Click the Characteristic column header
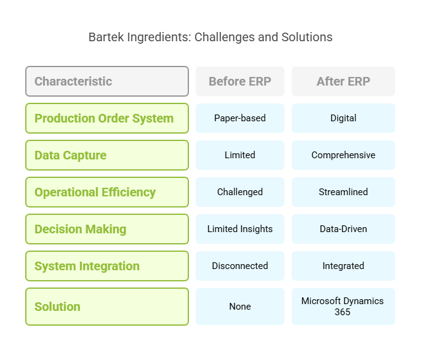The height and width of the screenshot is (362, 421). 107,81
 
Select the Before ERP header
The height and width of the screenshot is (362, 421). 240,81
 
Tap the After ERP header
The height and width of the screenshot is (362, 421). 343,81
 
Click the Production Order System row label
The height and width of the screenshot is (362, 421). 107,118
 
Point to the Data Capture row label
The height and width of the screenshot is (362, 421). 107,155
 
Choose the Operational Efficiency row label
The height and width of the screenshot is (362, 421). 107,192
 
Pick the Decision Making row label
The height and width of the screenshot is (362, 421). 107,229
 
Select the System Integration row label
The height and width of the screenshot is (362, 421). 107,266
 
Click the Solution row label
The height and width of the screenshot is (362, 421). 107,307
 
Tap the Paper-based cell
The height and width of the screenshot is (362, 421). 240,118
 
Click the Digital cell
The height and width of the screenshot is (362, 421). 343,118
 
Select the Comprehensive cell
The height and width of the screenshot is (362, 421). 343,155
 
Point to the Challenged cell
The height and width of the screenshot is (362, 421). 240,192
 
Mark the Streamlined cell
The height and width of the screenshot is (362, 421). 343,192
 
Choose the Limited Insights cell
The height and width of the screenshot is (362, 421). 240,229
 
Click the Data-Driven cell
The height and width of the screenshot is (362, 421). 343,229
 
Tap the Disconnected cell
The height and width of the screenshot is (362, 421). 240,266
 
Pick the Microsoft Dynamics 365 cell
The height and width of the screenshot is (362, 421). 343,307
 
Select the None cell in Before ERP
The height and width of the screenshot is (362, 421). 240,307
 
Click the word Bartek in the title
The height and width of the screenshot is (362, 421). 106,37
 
